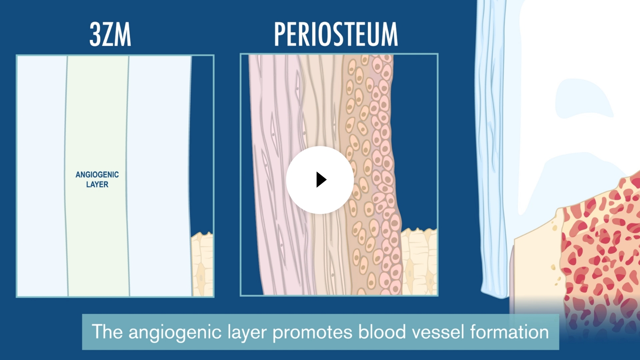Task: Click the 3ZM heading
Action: [x=110, y=34]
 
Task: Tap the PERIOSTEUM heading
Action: [x=336, y=34]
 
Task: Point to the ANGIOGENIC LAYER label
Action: [x=97, y=180]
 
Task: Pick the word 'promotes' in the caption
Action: [x=312, y=332]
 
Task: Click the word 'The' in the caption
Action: [x=107, y=332]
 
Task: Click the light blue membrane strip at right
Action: [x=491, y=160]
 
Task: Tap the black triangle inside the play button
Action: [x=321, y=180]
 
